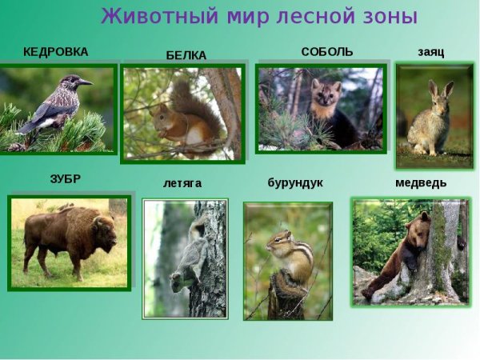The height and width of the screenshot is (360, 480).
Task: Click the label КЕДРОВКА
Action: pyautogui.click(x=55, y=52)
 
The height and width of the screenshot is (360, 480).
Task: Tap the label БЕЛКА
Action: pyautogui.click(x=186, y=55)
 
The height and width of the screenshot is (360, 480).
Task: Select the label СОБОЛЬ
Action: pyautogui.click(x=326, y=51)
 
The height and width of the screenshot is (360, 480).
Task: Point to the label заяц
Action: pyautogui.click(x=430, y=52)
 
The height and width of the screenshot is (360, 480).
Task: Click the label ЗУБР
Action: pyautogui.click(x=65, y=179)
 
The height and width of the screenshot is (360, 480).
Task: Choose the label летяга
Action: pyautogui.click(x=182, y=183)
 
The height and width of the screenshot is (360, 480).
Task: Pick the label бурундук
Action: pyautogui.click(x=294, y=182)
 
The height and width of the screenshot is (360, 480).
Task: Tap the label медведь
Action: pyautogui.click(x=421, y=182)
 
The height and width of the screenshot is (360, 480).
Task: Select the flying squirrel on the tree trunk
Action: pyautogui.click(x=189, y=256)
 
